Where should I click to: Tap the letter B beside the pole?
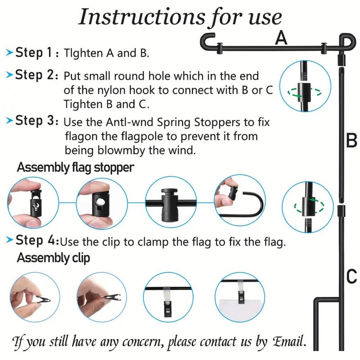pos(352,141)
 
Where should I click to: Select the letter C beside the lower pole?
pos(352,276)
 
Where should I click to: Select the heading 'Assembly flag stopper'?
pos(76,167)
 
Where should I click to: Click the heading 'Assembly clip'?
pos(53,258)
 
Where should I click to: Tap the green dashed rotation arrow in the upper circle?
pos(304,93)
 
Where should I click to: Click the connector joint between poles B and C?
pos(341,211)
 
